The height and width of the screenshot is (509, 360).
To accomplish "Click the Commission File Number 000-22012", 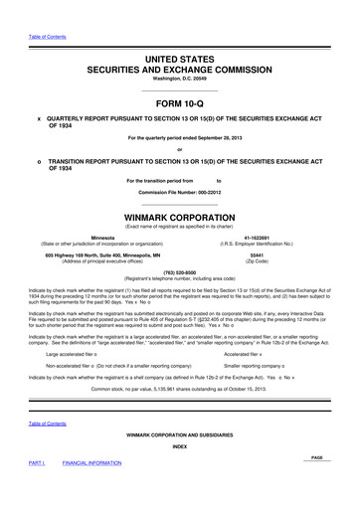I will pos(180,190).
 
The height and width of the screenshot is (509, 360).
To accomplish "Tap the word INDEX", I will pos(180,445).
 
